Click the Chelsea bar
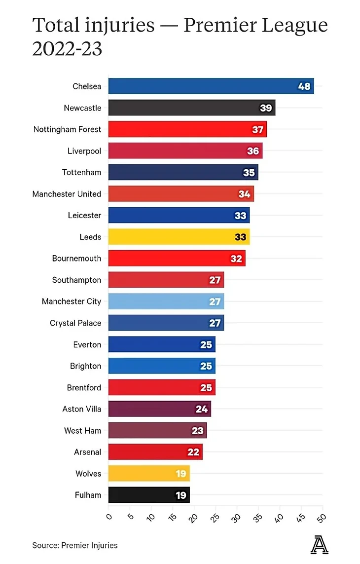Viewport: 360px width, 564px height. coord(211,86)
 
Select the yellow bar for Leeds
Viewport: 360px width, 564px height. coord(179,237)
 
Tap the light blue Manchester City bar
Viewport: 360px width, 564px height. coord(166,301)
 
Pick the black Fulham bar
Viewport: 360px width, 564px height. coord(149,495)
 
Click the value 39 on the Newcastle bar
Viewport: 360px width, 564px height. coord(266,108)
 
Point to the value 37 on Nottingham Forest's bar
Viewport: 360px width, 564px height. coord(257,129)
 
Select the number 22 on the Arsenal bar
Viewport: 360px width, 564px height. coord(193,452)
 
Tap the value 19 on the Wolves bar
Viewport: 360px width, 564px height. coord(180,474)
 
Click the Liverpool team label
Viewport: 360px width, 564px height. coord(84,151)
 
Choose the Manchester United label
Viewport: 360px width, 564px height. coord(67,194)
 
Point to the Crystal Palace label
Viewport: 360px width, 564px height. coord(75,323)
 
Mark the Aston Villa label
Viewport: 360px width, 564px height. coord(82,409)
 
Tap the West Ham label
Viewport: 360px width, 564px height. coord(83,431)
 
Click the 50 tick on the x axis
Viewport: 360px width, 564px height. coord(323,517)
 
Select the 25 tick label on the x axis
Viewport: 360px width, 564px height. coord(215,517)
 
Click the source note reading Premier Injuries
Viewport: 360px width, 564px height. coord(89,545)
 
